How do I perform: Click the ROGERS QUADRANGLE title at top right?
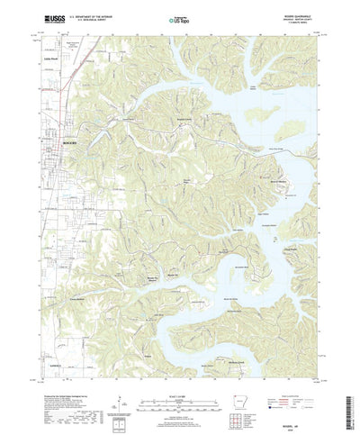[290, 14]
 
